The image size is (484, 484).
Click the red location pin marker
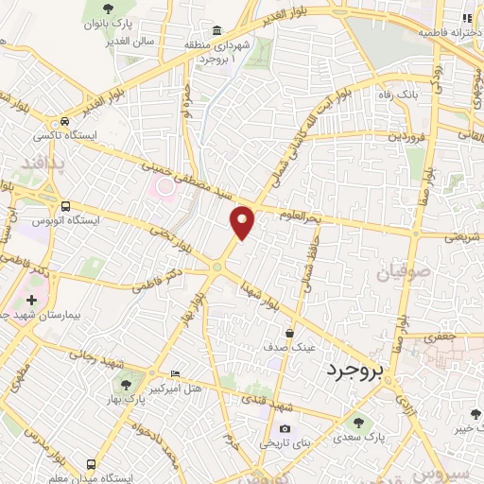point(243,221)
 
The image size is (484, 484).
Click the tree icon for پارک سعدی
point(357,422)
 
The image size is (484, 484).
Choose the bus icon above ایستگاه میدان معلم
point(92,464)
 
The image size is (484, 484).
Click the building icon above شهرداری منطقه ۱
point(217,30)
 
